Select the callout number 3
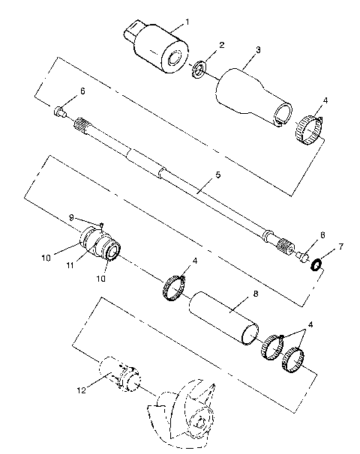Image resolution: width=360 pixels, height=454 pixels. point(257,50)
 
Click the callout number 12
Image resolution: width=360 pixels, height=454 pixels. point(80,390)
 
